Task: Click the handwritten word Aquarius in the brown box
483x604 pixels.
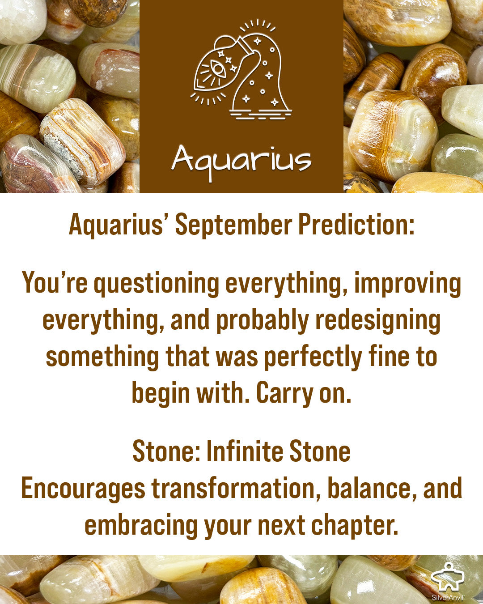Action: [x=241, y=162]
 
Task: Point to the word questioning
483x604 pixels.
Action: [x=157, y=284]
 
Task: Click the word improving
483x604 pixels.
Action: [x=407, y=284]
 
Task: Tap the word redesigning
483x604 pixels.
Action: [x=378, y=321]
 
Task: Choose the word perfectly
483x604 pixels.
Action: [x=313, y=357]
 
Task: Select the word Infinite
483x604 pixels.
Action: [x=245, y=451]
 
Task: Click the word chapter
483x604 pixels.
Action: [x=354, y=526]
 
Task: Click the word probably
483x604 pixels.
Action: [x=263, y=321]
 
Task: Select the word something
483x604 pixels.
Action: [x=102, y=357]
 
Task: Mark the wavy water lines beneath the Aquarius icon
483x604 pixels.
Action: [x=261, y=115]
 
